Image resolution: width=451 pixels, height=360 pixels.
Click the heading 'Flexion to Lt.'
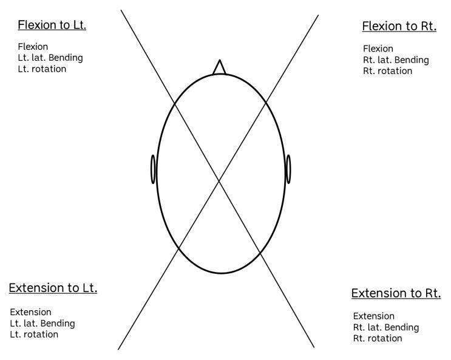pyautogui.click(x=52, y=25)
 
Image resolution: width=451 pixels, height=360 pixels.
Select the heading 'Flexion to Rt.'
pyautogui.click(x=399, y=26)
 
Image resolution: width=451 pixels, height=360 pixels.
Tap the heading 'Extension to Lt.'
pyautogui.click(x=53, y=288)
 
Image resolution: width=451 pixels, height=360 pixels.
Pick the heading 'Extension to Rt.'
pyautogui.click(x=396, y=293)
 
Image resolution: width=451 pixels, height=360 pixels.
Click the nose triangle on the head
pyautogui.click(x=220, y=67)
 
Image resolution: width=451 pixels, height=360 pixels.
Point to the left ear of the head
pyautogui.click(x=154, y=169)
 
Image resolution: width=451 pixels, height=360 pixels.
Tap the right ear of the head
pyautogui.click(x=288, y=169)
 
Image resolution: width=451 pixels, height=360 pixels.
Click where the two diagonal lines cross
pyautogui.click(x=219, y=181)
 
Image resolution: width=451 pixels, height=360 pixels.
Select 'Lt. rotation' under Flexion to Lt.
pyautogui.click(x=42, y=69)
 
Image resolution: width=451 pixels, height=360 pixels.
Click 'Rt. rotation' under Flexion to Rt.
pyautogui.click(x=388, y=71)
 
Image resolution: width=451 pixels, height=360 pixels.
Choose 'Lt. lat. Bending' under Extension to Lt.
pyautogui.click(x=42, y=324)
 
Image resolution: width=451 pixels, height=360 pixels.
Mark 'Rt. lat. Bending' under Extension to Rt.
pyautogui.click(x=386, y=327)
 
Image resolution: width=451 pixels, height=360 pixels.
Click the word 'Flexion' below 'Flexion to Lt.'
pyautogui.click(x=33, y=47)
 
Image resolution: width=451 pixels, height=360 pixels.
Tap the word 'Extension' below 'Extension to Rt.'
pyautogui.click(x=374, y=316)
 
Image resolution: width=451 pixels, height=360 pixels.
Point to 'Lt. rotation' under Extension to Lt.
pyautogui.click(x=34, y=335)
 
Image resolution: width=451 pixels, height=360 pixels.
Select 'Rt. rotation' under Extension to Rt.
pyautogui.click(x=378, y=338)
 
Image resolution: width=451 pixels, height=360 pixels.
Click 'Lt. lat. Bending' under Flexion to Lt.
pyautogui.click(x=50, y=58)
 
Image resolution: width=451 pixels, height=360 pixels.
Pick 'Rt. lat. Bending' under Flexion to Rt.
pyautogui.click(x=396, y=60)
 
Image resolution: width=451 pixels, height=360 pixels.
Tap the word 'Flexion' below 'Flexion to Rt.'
pyautogui.click(x=378, y=49)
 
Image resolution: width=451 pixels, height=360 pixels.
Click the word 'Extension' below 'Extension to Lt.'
pyautogui.click(x=30, y=312)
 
